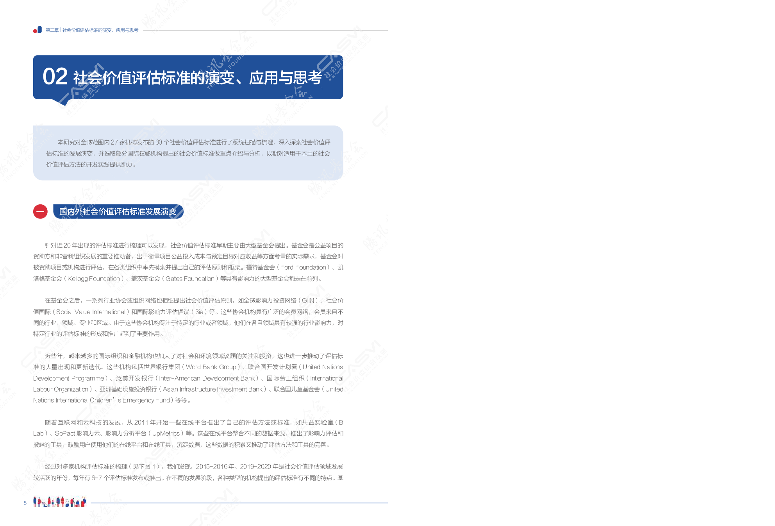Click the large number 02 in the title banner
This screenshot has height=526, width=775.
55,77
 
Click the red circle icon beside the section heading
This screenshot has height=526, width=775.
40,211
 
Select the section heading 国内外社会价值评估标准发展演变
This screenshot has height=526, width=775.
118,211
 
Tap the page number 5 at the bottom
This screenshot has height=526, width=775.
25,503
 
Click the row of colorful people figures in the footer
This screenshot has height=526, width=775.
59,502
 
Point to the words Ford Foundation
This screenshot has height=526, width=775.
303,267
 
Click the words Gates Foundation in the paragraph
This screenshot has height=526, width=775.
190,279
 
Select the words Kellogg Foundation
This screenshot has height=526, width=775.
94,279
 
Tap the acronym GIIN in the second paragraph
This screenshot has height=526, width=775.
308,301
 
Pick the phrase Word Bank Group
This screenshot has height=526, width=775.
211,367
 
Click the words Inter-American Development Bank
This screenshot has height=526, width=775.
207,378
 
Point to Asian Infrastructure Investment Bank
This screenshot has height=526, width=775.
213,389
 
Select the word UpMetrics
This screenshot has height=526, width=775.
166,433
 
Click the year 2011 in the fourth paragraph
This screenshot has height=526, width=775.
141,422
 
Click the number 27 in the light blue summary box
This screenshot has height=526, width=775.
114,142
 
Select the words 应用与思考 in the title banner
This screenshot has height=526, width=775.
286,78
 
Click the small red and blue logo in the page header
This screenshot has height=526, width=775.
37,30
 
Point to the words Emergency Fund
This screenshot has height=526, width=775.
146,400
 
